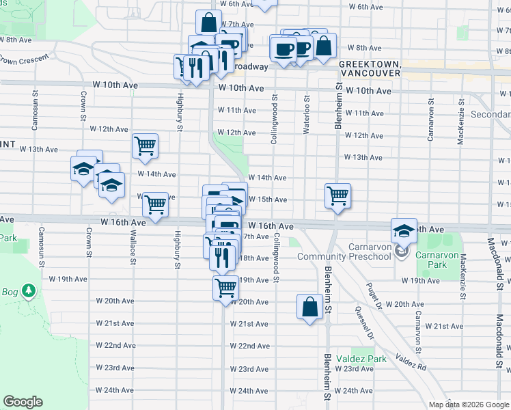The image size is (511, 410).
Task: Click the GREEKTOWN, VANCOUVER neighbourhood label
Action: tap(369, 68)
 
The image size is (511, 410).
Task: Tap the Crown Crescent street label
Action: tap(27, 60)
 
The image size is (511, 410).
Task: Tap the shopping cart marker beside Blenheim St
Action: tap(337, 195)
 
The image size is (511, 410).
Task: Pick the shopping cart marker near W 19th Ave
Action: tap(225, 286)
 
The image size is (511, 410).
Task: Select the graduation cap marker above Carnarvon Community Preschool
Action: tap(404, 230)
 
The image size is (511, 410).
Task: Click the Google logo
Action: tap(23, 402)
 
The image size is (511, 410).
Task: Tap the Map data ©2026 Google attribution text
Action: tap(469, 405)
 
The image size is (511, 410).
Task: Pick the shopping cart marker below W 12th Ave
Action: tap(145, 146)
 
